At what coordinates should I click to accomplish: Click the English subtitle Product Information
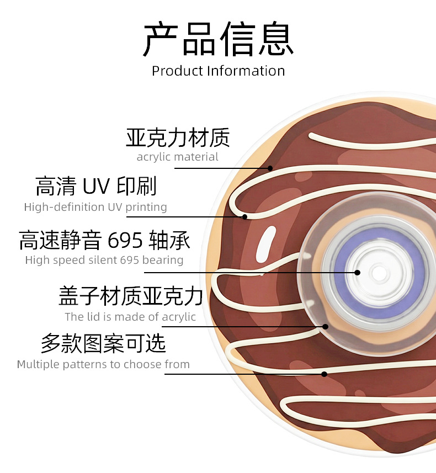(218, 71)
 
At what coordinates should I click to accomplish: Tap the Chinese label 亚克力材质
(178, 137)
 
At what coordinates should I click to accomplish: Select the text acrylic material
(178, 157)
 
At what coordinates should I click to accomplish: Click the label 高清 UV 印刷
(96, 187)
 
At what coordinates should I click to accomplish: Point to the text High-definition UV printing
(95, 208)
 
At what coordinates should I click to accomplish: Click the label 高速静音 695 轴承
(104, 240)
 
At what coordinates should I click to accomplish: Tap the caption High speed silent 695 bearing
(104, 260)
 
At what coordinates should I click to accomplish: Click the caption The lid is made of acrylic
(130, 317)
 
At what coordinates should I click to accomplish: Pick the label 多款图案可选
(103, 344)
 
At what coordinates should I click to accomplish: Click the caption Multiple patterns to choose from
(103, 364)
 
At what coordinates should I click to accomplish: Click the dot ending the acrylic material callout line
(270, 168)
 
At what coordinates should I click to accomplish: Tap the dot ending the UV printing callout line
(244, 217)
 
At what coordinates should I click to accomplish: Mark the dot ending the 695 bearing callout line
(358, 273)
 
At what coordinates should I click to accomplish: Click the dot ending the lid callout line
(325, 326)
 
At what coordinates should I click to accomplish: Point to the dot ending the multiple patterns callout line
(325, 374)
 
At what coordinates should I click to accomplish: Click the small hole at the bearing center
(378, 273)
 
